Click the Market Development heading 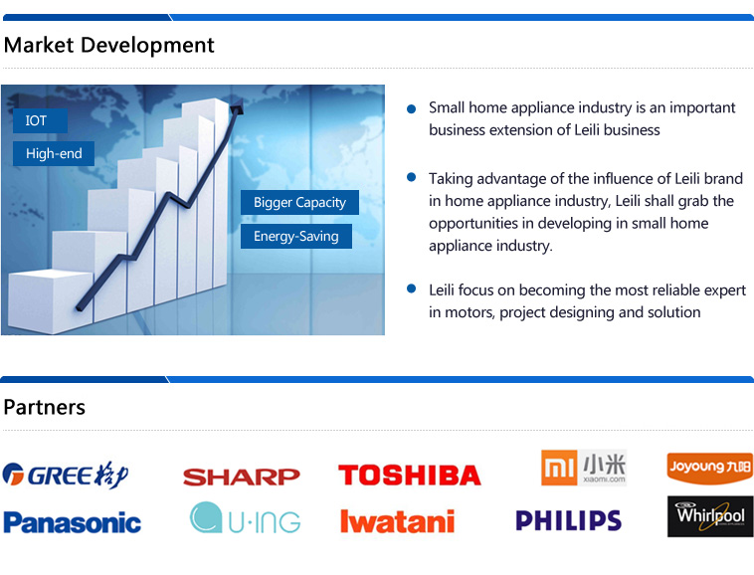(x=108, y=45)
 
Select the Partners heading (x=44, y=407)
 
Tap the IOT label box (x=40, y=120)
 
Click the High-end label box (x=54, y=153)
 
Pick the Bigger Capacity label (x=299, y=202)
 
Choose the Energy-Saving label (x=296, y=236)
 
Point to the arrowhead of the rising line (x=237, y=107)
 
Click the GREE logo (x=66, y=475)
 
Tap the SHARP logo (x=242, y=477)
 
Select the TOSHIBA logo (x=410, y=475)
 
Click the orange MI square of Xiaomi (x=559, y=468)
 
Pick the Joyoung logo (x=710, y=468)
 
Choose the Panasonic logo (x=73, y=522)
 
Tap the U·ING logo (x=246, y=517)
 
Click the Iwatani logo (x=397, y=521)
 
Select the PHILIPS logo (x=568, y=520)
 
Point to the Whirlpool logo (x=710, y=516)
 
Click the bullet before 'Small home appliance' (x=411, y=108)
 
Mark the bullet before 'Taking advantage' (x=411, y=177)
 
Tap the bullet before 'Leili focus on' (x=411, y=288)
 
